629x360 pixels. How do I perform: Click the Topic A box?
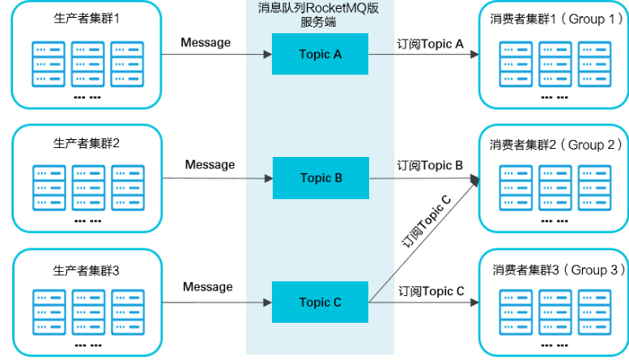(321, 54)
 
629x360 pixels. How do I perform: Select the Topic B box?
(321, 178)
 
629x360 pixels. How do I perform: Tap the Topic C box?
(321, 303)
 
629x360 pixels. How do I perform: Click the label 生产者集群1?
(86, 17)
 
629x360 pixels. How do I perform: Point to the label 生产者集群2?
(86, 142)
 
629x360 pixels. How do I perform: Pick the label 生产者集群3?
(86, 269)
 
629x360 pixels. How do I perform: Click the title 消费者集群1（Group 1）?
(553, 19)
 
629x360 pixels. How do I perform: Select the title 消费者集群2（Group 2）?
(553, 145)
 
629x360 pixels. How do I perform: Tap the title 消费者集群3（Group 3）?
(553, 269)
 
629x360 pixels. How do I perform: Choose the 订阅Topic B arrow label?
(430, 166)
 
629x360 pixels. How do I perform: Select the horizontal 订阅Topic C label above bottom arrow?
(431, 291)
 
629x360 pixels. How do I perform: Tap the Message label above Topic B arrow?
(210, 165)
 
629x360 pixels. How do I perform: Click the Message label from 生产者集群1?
(206, 42)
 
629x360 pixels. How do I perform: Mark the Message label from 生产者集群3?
(207, 287)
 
